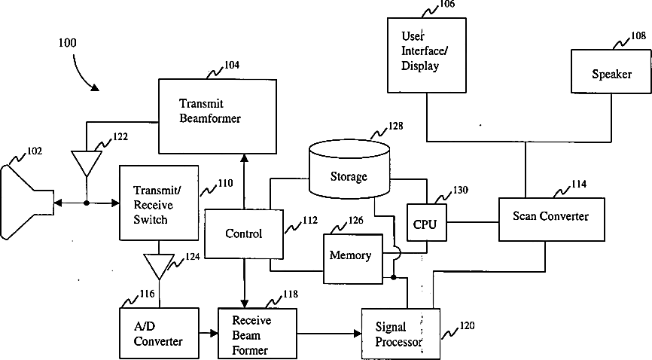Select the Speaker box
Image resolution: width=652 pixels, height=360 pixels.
pos(611,75)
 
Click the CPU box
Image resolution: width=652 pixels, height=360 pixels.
pos(425,224)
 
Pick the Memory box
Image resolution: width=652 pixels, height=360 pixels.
pos(350,257)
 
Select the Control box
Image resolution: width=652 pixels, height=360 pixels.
pos(243,234)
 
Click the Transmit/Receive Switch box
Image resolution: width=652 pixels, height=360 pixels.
pos(158,204)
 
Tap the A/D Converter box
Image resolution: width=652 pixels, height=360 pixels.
pos(158,333)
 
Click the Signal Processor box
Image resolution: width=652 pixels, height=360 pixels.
pos(401,334)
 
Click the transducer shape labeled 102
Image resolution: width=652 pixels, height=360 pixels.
pos(26,202)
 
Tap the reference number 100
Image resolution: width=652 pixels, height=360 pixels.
pos(66,43)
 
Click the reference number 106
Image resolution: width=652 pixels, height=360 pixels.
pos(447,5)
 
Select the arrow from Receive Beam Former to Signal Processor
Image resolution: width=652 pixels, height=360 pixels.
pos(324,333)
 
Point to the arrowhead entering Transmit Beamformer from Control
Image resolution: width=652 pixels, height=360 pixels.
pos(244,156)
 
